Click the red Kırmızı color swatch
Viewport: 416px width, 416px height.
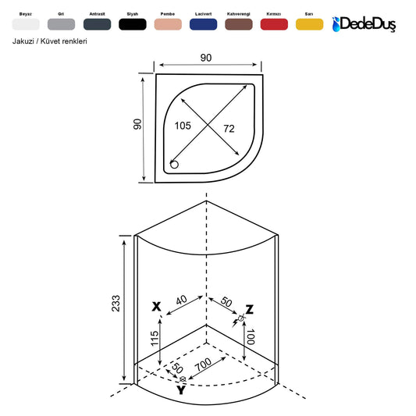274,24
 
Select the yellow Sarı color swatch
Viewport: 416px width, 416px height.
309,24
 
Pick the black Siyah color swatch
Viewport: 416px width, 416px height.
133,24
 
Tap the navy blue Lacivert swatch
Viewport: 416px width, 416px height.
203,24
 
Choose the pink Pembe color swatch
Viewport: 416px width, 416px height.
168,24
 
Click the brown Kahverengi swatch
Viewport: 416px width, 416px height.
239,24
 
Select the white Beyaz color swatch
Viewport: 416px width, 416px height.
26,24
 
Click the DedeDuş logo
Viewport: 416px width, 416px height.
364,24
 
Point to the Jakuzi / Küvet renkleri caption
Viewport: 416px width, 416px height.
50,41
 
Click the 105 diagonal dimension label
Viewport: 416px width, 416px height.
183,126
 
